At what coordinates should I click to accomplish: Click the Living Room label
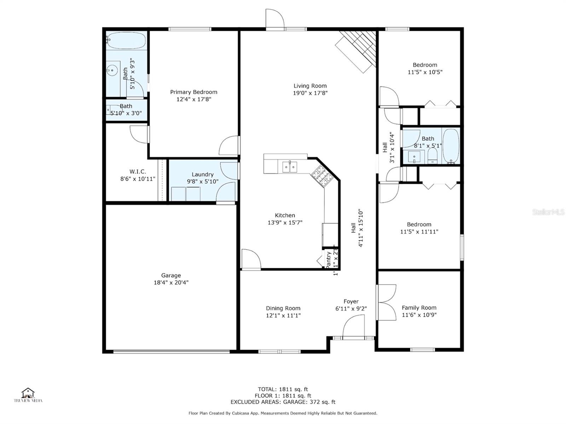(310, 86)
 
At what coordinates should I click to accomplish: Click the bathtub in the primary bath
(126, 41)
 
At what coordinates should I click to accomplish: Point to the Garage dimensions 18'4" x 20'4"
(171, 282)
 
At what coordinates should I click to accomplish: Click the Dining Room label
(283, 308)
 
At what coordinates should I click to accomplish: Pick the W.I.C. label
(138, 172)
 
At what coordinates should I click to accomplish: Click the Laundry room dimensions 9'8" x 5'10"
(203, 182)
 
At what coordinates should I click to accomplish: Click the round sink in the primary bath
(112, 70)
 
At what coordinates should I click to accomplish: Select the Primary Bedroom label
(194, 92)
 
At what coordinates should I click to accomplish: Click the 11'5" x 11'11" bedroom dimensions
(419, 232)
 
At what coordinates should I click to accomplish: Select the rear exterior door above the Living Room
(275, 19)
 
